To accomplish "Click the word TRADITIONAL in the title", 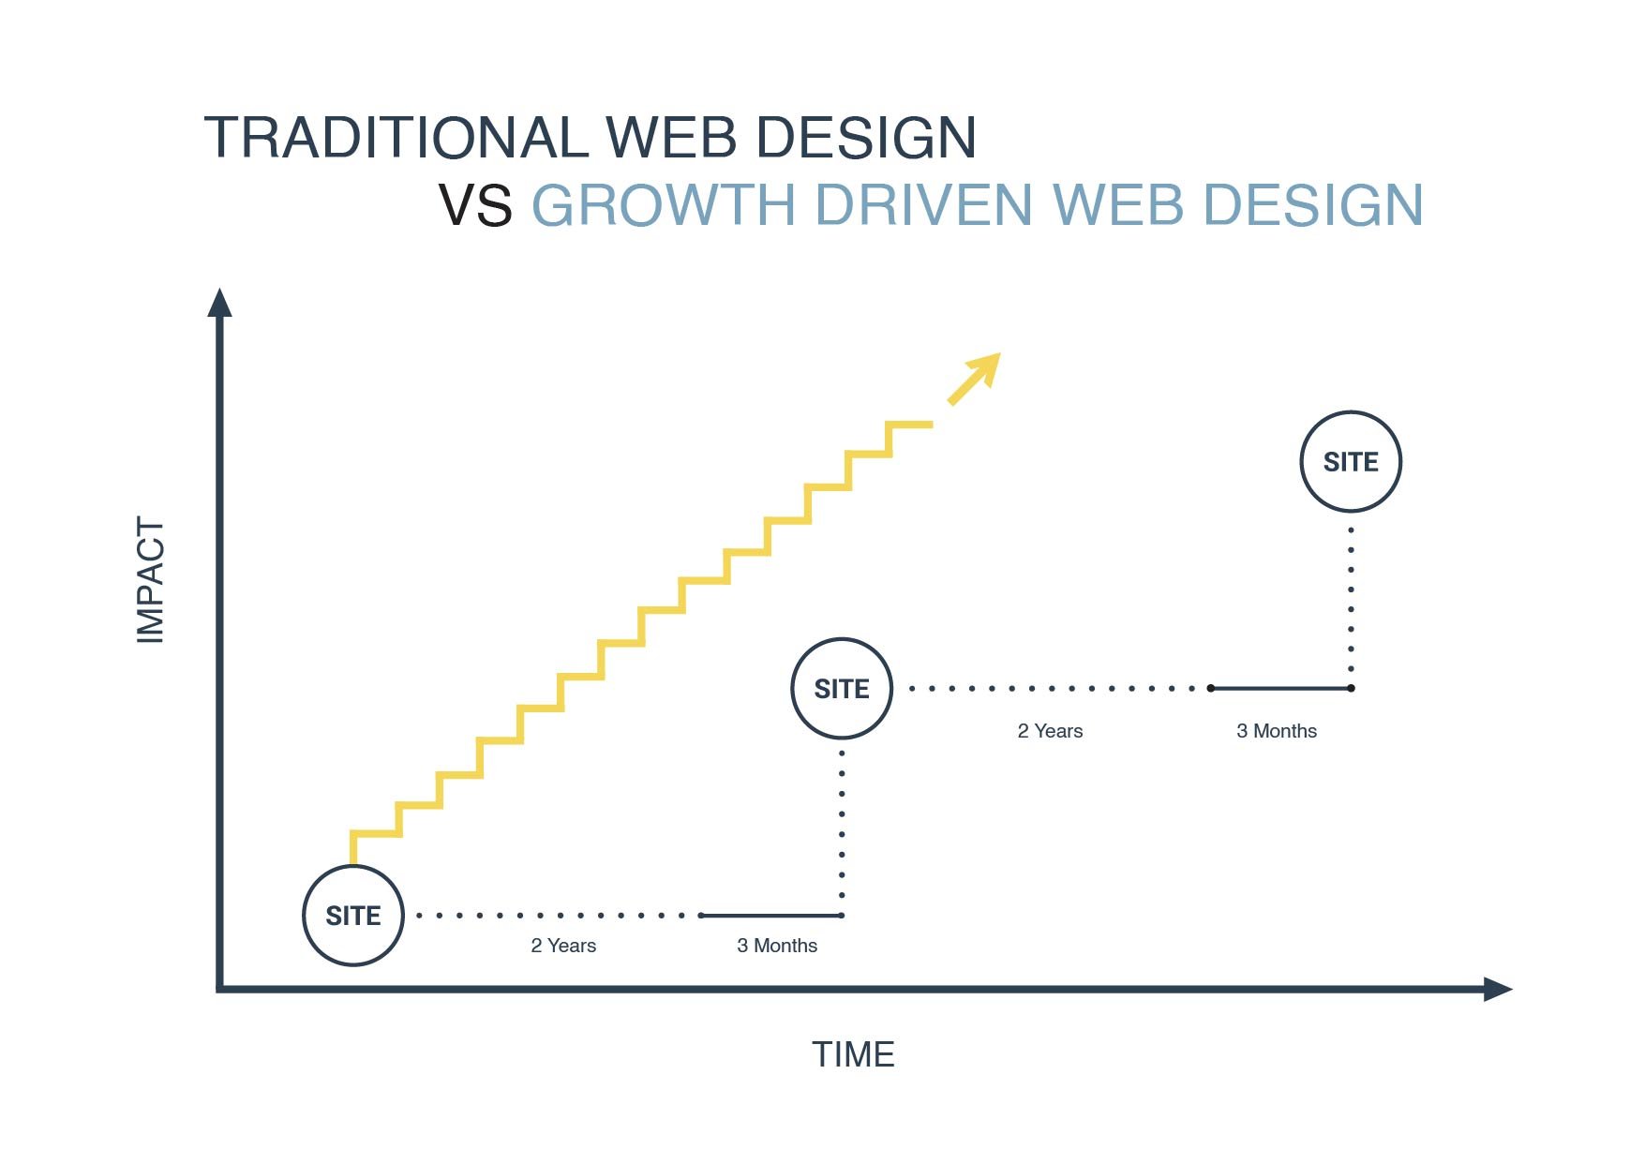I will pyautogui.click(x=396, y=138).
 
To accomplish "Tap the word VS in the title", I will pyautogui.click(x=475, y=205).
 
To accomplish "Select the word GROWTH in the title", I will pyautogui.click(x=664, y=205).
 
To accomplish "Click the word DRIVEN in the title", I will pyautogui.click(x=923, y=205).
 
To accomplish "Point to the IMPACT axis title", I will pyautogui.click(x=151, y=580).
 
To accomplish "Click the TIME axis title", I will pyautogui.click(x=853, y=1054).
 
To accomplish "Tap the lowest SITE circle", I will pyautogui.click(x=353, y=916).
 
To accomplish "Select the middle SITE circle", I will pyautogui.click(x=842, y=689).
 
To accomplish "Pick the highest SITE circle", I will pyautogui.click(x=1351, y=461).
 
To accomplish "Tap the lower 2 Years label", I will pyautogui.click(x=563, y=946).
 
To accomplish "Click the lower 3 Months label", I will pyautogui.click(x=777, y=946).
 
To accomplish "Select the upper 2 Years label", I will pyautogui.click(x=1050, y=731).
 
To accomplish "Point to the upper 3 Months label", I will pyautogui.click(x=1277, y=731).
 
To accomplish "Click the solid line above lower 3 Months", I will pyautogui.click(x=771, y=916).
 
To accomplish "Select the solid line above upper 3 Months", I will pyautogui.click(x=1280, y=688).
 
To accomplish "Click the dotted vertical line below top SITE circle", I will pyautogui.click(x=1351, y=600).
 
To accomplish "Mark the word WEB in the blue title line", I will pyautogui.click(x=1117, y=205).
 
